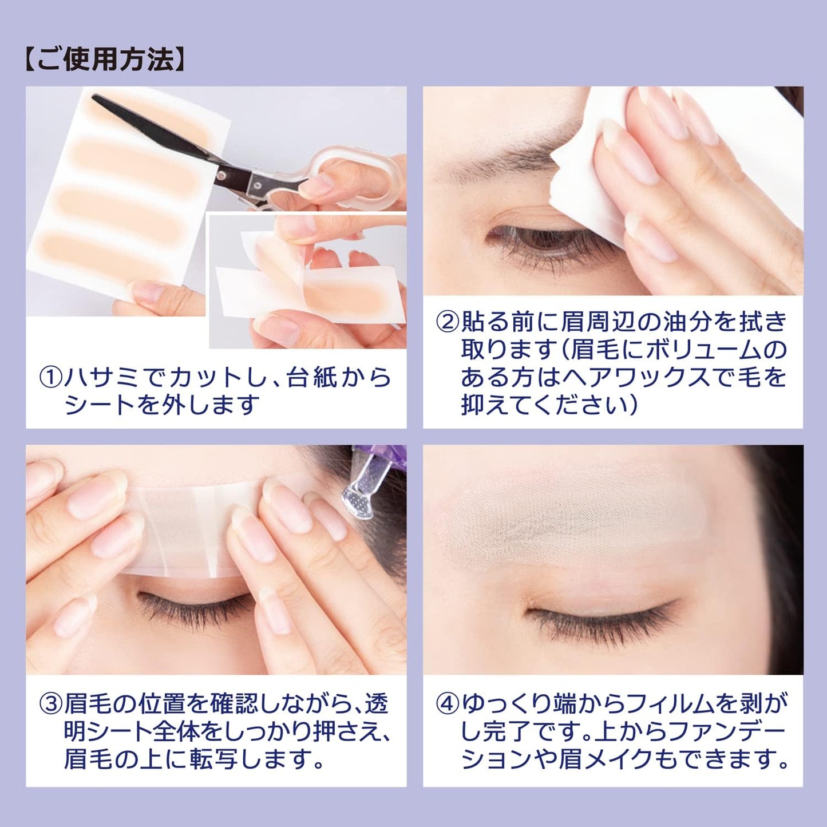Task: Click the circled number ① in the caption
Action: pyautogui.click(x=50, y=378)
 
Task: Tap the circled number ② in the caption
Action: pyautogui.click(x=448, y=322)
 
